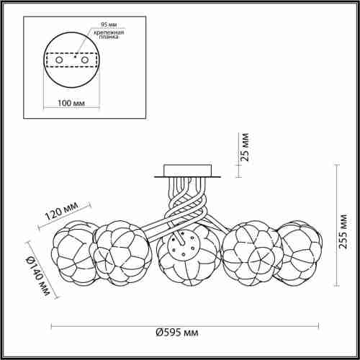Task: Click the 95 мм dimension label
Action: tap(109, 24)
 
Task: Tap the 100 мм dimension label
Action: tap(71, 103)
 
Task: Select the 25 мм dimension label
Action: tap(245, 147)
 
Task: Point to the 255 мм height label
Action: tap(342, 231)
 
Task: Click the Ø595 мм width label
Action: tap(177, 333)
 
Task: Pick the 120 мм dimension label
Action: tap(62, 211)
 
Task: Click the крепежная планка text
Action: tap(109, 35)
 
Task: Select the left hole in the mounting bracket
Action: tap(59, 60)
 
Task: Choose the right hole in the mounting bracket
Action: tap(85, 60)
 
